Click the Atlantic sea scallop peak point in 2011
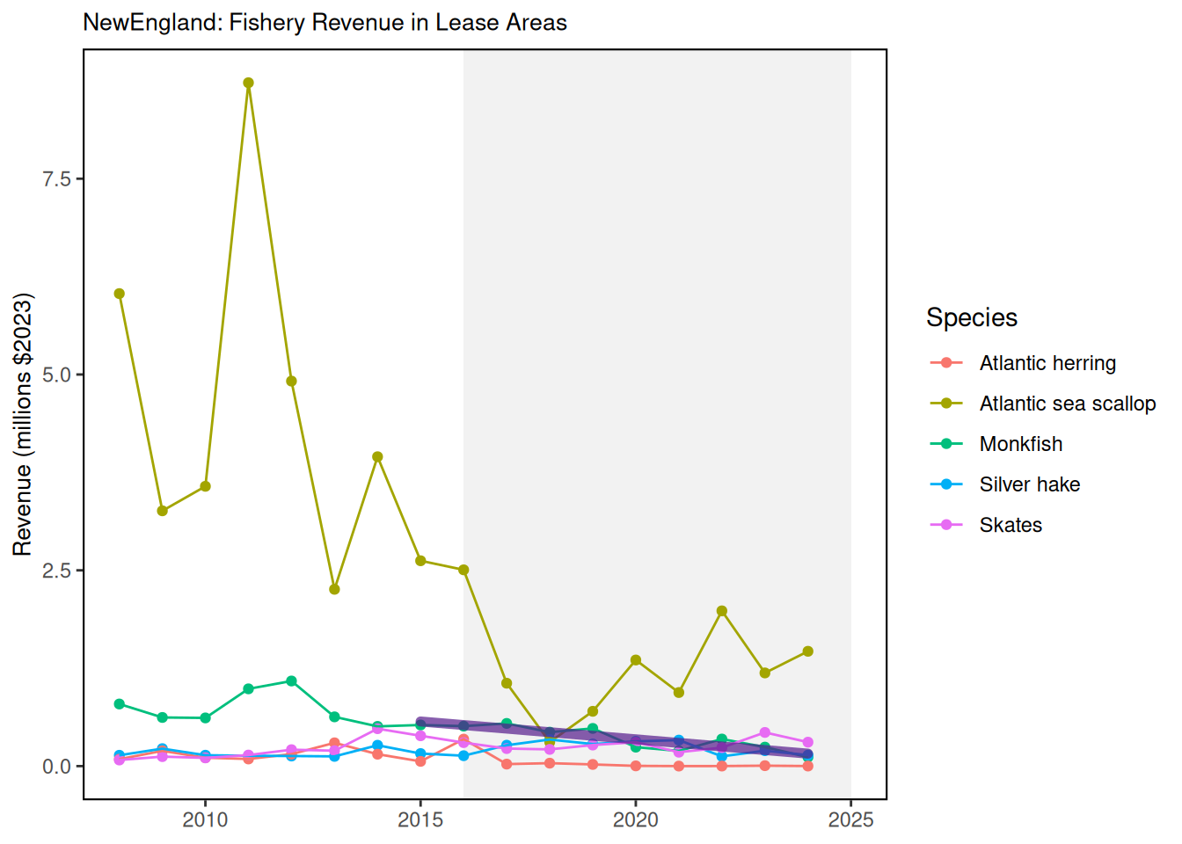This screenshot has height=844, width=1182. pos(248,83)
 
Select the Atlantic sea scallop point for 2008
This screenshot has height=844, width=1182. pos(120,294)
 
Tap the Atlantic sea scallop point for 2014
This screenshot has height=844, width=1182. pos(377,457)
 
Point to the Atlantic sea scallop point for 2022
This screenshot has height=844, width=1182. pos(722,611)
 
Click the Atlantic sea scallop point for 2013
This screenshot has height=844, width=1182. pos(334,589)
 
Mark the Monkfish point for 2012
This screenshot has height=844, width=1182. pos(291,681)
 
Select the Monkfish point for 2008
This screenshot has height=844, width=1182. pos(120,704)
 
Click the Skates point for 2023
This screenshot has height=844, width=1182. pos(765,732)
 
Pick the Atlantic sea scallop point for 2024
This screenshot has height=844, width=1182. pos(808,651)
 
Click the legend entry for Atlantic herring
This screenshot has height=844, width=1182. pos(1047,363)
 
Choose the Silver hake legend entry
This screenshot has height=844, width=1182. pos(1029,484)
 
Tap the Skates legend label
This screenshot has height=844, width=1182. pos(1011,525)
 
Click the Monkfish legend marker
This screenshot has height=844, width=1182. pos(946,444)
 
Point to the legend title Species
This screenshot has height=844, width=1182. pos(972,317)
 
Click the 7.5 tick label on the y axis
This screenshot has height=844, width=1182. pos(56,178)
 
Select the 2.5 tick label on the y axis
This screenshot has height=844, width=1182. pos(56,571)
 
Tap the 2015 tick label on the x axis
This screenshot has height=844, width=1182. pos(420,820)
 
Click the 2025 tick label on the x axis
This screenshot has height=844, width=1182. pos(850,820)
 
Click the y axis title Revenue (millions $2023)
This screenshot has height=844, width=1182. pos(22,424)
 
